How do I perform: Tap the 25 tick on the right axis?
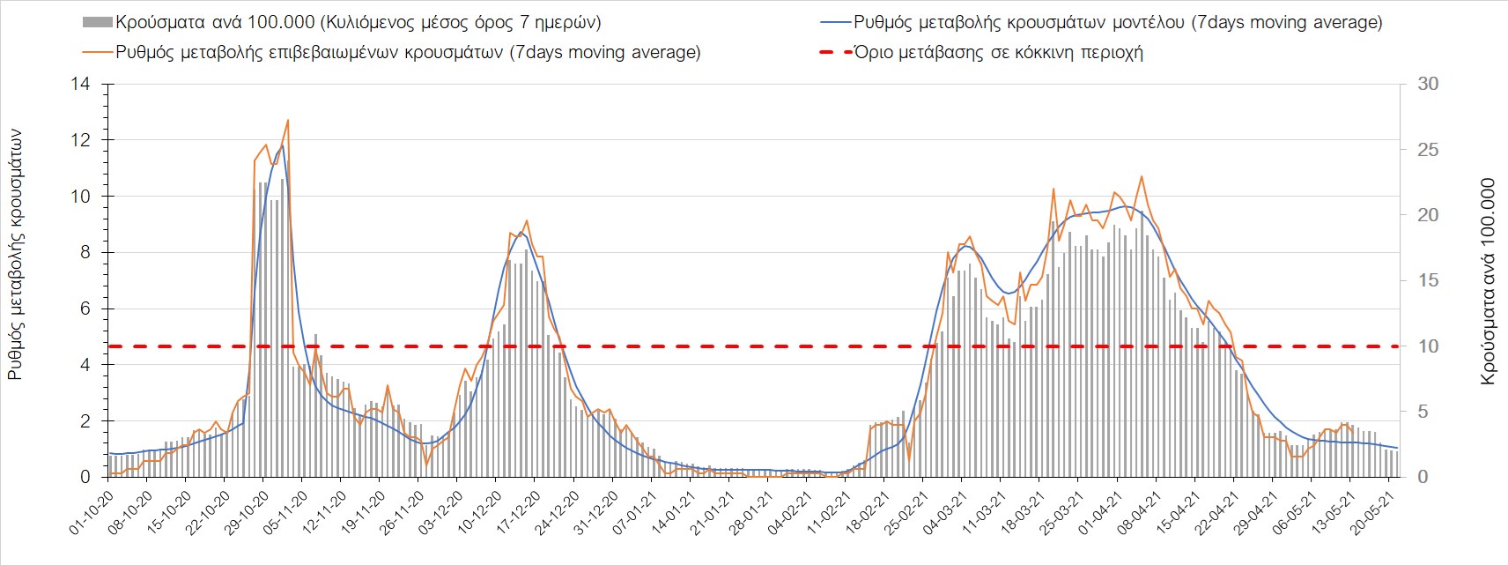point(1426,150)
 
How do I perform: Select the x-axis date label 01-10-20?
point(92,512)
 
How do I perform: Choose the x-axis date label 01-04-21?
point(1101,512)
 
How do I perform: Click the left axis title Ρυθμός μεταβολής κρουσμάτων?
point(15,256)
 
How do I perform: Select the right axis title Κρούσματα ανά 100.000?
point(1488,282)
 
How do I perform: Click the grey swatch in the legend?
point(98,23)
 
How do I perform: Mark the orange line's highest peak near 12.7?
point(288,121)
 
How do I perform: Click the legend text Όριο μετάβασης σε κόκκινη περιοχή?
point(998,52)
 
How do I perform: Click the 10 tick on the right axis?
point(1426,346)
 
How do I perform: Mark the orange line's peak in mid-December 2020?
point(526,220)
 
